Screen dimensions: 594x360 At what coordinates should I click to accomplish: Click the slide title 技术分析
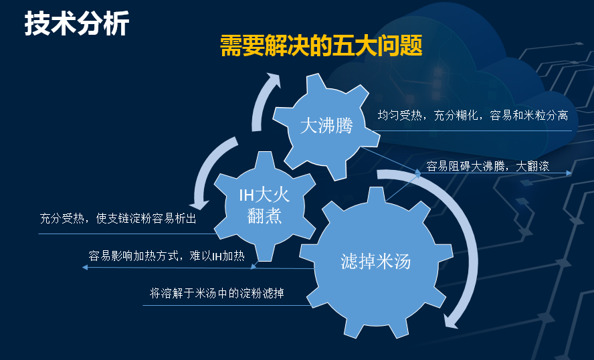(77, 23)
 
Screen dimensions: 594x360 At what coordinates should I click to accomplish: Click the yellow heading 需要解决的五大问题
(321, 46)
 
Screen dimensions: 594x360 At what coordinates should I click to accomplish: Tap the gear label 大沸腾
(326, 125)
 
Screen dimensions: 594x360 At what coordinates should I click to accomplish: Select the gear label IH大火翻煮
(264, 206)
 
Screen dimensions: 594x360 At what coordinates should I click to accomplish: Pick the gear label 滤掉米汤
(375, 262)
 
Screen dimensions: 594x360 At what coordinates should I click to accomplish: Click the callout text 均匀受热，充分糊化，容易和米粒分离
(473, 115)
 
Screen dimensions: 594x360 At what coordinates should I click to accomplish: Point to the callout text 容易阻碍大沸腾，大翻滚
(488, 166)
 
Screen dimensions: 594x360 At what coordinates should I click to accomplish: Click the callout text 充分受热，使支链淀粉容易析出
(118, 218)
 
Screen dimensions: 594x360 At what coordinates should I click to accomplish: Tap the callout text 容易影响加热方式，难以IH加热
(167, 256)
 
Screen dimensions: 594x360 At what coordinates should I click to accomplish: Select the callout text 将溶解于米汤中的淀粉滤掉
(217, 293)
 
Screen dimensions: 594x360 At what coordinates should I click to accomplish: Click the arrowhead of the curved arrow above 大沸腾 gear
(273, 80)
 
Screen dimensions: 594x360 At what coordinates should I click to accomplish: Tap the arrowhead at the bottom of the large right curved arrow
(451, 321)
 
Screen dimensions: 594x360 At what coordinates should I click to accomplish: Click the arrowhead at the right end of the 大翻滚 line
(569, 173)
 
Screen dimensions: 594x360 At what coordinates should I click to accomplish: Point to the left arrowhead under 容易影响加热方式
(85, 267)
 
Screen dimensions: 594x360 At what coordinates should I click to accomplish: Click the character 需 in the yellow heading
(231, 46)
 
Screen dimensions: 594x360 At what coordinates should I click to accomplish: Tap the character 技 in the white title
(37, 23)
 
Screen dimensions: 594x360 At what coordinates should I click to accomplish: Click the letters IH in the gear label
(246, 196)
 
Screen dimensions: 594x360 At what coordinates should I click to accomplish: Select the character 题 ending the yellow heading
(411, 46)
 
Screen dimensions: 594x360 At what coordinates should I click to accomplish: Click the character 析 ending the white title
(116, 23)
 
